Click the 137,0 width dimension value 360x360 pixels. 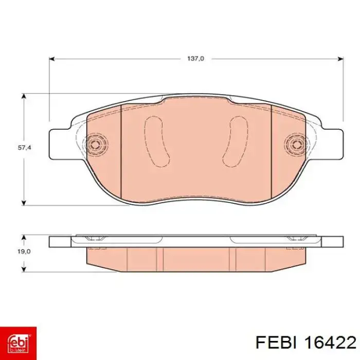[195, 59]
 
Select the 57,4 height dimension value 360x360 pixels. [25, 148]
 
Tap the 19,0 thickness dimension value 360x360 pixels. [24, 251]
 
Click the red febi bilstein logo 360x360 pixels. [18, 343]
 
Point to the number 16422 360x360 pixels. [330, 343]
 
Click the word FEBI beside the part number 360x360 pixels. [276, 343]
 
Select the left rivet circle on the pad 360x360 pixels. [95, 145]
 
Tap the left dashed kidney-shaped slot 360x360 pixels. [157, 141]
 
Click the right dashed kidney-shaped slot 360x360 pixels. [236, 141]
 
